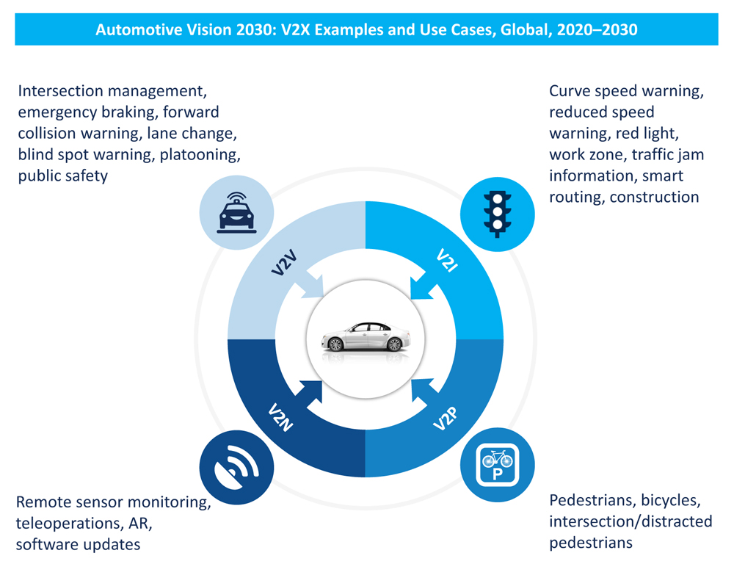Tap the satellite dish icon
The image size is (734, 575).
pyautogui.click(x=236, y=466)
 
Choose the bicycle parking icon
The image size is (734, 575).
pyautogui.click(x=497, y=466)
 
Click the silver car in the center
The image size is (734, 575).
pyautogui.click(x=365, y=337)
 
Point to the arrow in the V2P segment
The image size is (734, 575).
pyautogui.click(x=420, y=391)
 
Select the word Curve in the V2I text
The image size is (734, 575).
pyautogui.click(x=569, y=91)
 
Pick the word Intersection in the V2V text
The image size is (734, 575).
pyautogui.click(x=60, y=91)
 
